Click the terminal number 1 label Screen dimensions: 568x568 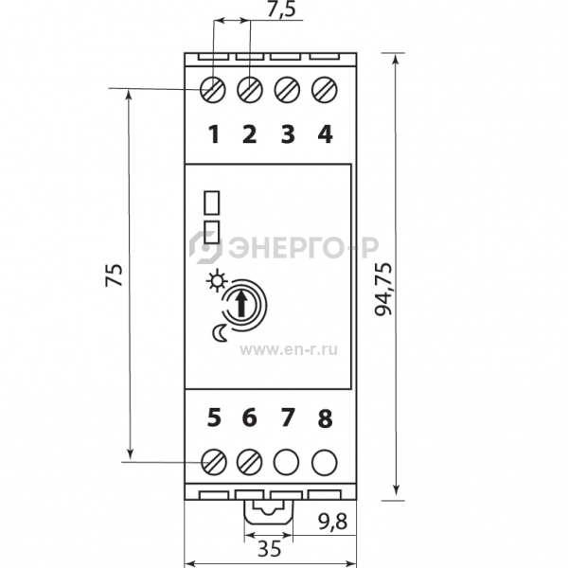pyautogui.click(x=215, y=134)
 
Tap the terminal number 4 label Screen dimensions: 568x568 pyautogui.click(x=325, y=134)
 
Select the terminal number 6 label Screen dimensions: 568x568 pyautogui.click(x=250, y=417)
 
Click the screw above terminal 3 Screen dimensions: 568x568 pyautogui.click(x=287, y=90)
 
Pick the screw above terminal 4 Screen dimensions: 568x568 pyautogui.click(x=325, y=90)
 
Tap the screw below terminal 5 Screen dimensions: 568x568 pyautogui.click(x=214, y=463)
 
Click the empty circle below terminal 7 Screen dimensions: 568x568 pyautogui.click(x=287, y=463)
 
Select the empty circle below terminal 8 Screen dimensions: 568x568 pyautogui.click(x=325, y=463)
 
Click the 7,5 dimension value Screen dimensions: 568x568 pyautogui.click(x=281, y=9)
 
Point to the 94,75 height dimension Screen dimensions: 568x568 pyautogui.click(x=383, y=289)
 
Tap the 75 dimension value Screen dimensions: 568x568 pyautogui.click(x=115, y=275)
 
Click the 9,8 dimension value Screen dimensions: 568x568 pyautogui.click(x=332, y=522)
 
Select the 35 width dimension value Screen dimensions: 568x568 pyautogui.click(x=270, y=548)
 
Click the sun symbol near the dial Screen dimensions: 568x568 pyautogui.click(x=216, y=281)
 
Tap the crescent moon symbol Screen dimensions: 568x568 pyautogui.click(x=220, y=332)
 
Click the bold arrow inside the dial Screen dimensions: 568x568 pyautogui.click(x=240, y=305)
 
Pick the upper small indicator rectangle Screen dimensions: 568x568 pyautogui.click(x=212, y=203)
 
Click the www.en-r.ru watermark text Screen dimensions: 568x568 pyautogui.click(x=289, y=350)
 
